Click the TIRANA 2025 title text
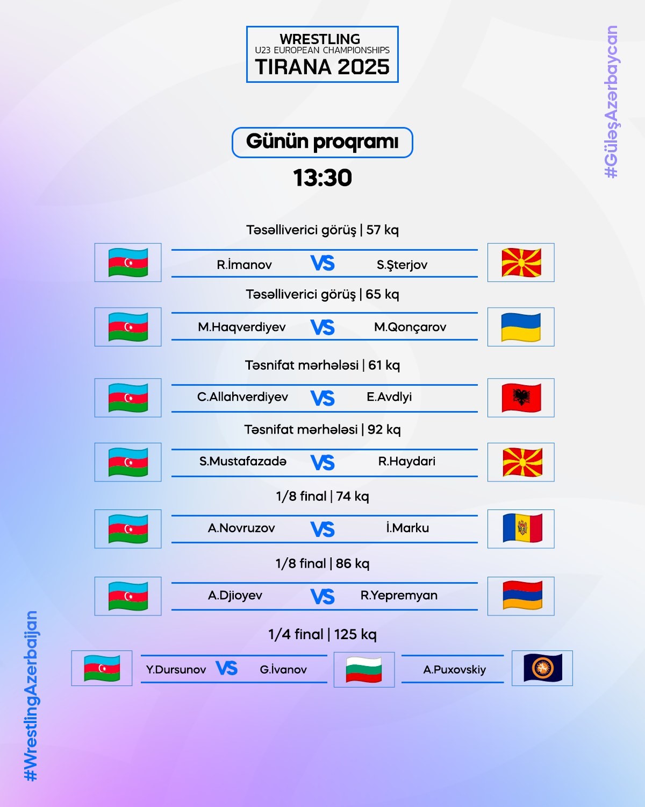322,67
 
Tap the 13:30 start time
322,178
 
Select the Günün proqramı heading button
322,143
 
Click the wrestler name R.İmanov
244,265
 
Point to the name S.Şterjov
402,265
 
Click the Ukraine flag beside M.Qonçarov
521,327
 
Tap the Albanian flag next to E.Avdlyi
521,398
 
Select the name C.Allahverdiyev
242,397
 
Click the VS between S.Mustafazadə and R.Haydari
322,463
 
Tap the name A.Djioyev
235,596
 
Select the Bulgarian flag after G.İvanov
363,669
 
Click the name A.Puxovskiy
455,670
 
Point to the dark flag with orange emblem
543,668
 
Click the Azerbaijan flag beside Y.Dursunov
102,668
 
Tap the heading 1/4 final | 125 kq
322,634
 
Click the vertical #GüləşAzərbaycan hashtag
611,102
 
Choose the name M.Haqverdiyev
242,327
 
